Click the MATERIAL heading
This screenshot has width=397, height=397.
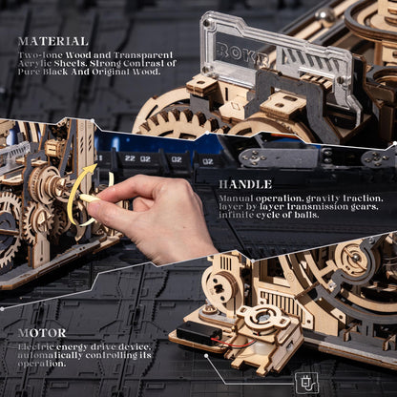coord(52,41)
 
